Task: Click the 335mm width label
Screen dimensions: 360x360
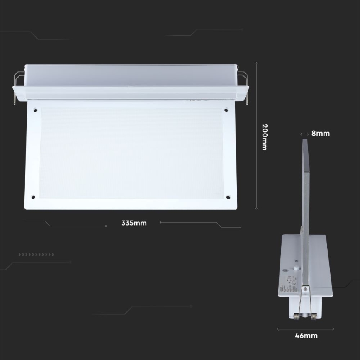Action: pos(134,223)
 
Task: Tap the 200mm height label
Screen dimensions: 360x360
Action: pos(265,136)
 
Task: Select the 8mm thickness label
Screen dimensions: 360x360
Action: pos(321,134)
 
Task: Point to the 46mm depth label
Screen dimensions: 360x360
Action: pos(306,336)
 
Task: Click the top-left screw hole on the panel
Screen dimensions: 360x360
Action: pos(35,110)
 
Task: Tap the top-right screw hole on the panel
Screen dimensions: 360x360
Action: pos(226,110)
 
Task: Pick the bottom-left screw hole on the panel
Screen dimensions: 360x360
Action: pos(33,197)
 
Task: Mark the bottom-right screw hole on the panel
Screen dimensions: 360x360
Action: pos(228,197)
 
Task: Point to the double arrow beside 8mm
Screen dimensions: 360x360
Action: pos(304,134)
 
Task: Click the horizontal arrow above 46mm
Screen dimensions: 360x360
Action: pos(306,329)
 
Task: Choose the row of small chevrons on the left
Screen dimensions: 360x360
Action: pos(36,254)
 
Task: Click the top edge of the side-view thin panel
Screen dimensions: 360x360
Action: pos(305,140)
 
